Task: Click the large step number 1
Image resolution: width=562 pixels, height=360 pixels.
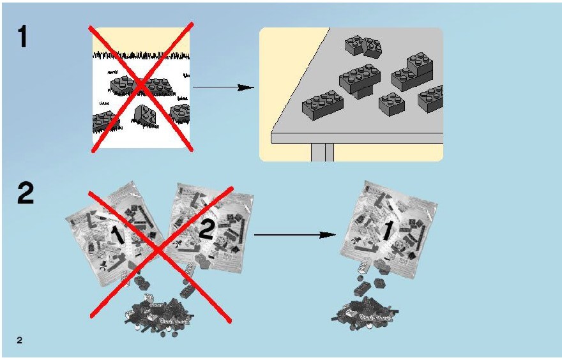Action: [x=22, y=36]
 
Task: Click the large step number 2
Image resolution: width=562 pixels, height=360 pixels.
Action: [x=26, y=193]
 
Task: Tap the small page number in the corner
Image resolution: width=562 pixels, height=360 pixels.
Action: [x=19, y=340]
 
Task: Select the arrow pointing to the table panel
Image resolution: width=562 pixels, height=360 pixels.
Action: [x=224, y=87]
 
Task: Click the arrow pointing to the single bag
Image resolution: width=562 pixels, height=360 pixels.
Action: [x=295, y=235]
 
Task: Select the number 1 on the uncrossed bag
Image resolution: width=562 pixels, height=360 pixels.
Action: [x=388, y=230]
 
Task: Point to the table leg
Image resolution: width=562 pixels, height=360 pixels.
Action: [x=323, y=153]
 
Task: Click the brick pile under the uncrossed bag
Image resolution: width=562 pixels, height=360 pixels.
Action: [x=365, y=312]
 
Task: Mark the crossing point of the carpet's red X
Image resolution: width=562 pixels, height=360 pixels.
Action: [x=141, y=85]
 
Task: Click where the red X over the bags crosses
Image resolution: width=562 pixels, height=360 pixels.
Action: [x=159, y=251]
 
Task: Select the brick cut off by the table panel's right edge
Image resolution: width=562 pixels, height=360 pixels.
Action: [x=430, y=98]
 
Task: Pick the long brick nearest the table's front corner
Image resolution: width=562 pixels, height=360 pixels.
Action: [x=323, y=105]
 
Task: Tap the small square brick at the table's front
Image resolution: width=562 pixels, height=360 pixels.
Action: [x=391, y=104]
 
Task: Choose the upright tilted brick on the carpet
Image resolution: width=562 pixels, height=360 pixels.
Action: [x=145, y=116]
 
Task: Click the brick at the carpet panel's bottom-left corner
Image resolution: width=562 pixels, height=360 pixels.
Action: [x=104, y=121]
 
